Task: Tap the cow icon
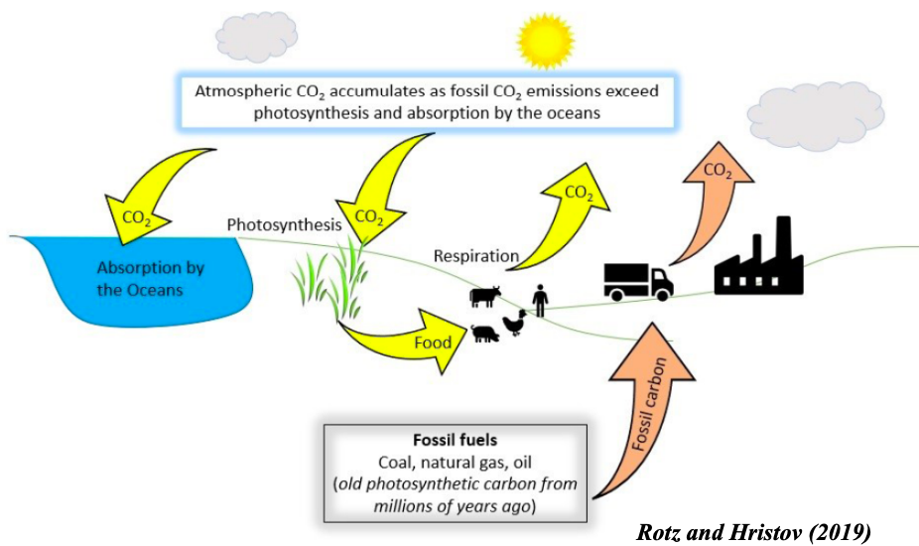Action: pyautogui.click(x=485, y=295)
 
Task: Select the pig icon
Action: pyautogui.click(x=486, y=335)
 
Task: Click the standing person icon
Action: pyautogui.click(x=539, y=299)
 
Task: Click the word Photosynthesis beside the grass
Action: pyautogui.click(x=285, y=224)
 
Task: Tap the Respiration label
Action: pyautogui.click(x=476, y=256)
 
